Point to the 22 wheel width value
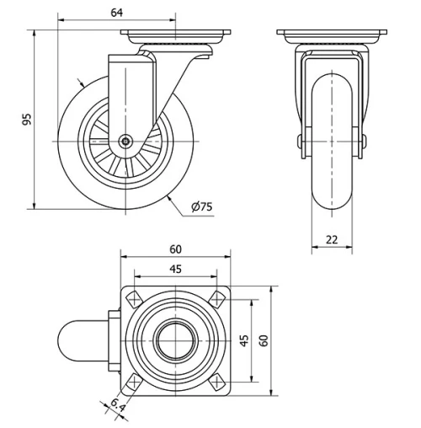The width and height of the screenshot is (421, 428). (332, 240)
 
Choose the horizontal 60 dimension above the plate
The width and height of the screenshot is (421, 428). (176, 249)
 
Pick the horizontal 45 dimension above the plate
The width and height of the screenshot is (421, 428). (175, 270)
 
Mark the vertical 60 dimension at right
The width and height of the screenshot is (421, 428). (264, 340)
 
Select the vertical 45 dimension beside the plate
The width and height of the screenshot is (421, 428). (244, 340)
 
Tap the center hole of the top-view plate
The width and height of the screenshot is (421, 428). (176, 340)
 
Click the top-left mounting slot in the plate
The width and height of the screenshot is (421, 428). (133, 298)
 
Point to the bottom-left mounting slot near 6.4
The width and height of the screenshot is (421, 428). (133, 383)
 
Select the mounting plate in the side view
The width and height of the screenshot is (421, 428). (176, 35)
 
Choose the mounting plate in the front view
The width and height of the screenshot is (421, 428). (332, 35)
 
